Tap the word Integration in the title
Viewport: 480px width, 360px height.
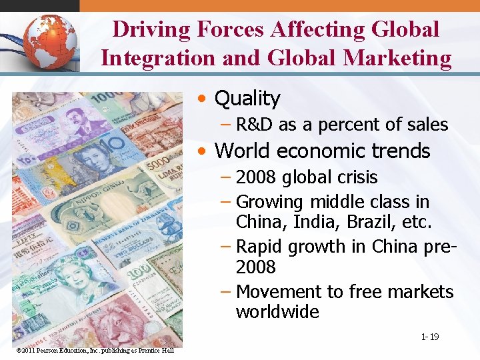[157, 58]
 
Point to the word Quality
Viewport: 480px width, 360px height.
[247, 99]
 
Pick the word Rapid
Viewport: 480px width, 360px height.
[261, 247]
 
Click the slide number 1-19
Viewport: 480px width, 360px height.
[429, 337]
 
